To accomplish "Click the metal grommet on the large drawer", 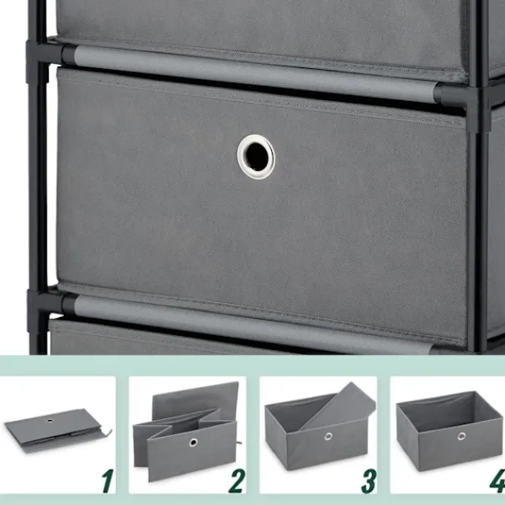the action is (256, 157).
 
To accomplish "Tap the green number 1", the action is (108, 481).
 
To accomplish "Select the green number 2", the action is (237, 481).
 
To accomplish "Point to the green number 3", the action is (369, 481).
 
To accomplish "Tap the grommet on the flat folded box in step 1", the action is (50, 420).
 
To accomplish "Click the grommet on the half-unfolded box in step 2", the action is (194, 442).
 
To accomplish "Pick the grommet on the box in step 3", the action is (328, 436).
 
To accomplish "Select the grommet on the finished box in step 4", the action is (461, 436).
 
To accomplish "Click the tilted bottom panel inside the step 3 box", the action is (338, 407).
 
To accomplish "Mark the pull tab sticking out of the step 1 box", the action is (108, 433).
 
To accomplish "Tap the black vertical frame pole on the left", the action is (38, 177).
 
